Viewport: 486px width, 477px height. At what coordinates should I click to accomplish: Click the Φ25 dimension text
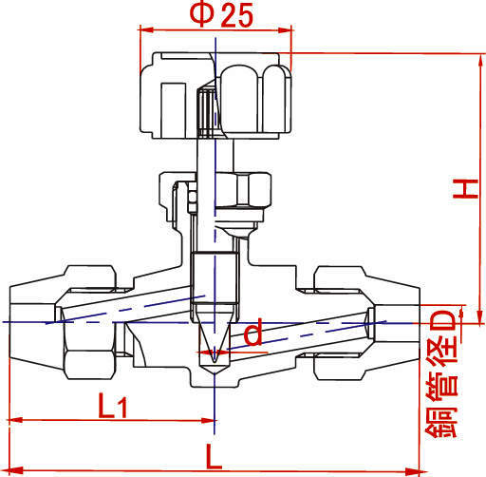[221, 15]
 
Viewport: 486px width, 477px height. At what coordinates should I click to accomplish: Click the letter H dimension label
[465, 189]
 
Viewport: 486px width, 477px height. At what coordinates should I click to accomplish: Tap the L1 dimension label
[113, 406]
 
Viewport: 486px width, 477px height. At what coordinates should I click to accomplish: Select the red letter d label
[253, 332]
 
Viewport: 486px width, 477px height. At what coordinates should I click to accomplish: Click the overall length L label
[214, 456]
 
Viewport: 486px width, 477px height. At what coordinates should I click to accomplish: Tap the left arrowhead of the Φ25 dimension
[146, 29]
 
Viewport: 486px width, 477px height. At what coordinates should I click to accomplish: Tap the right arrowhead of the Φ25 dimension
[284, 30]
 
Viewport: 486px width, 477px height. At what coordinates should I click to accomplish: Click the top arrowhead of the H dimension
[481, 61]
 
